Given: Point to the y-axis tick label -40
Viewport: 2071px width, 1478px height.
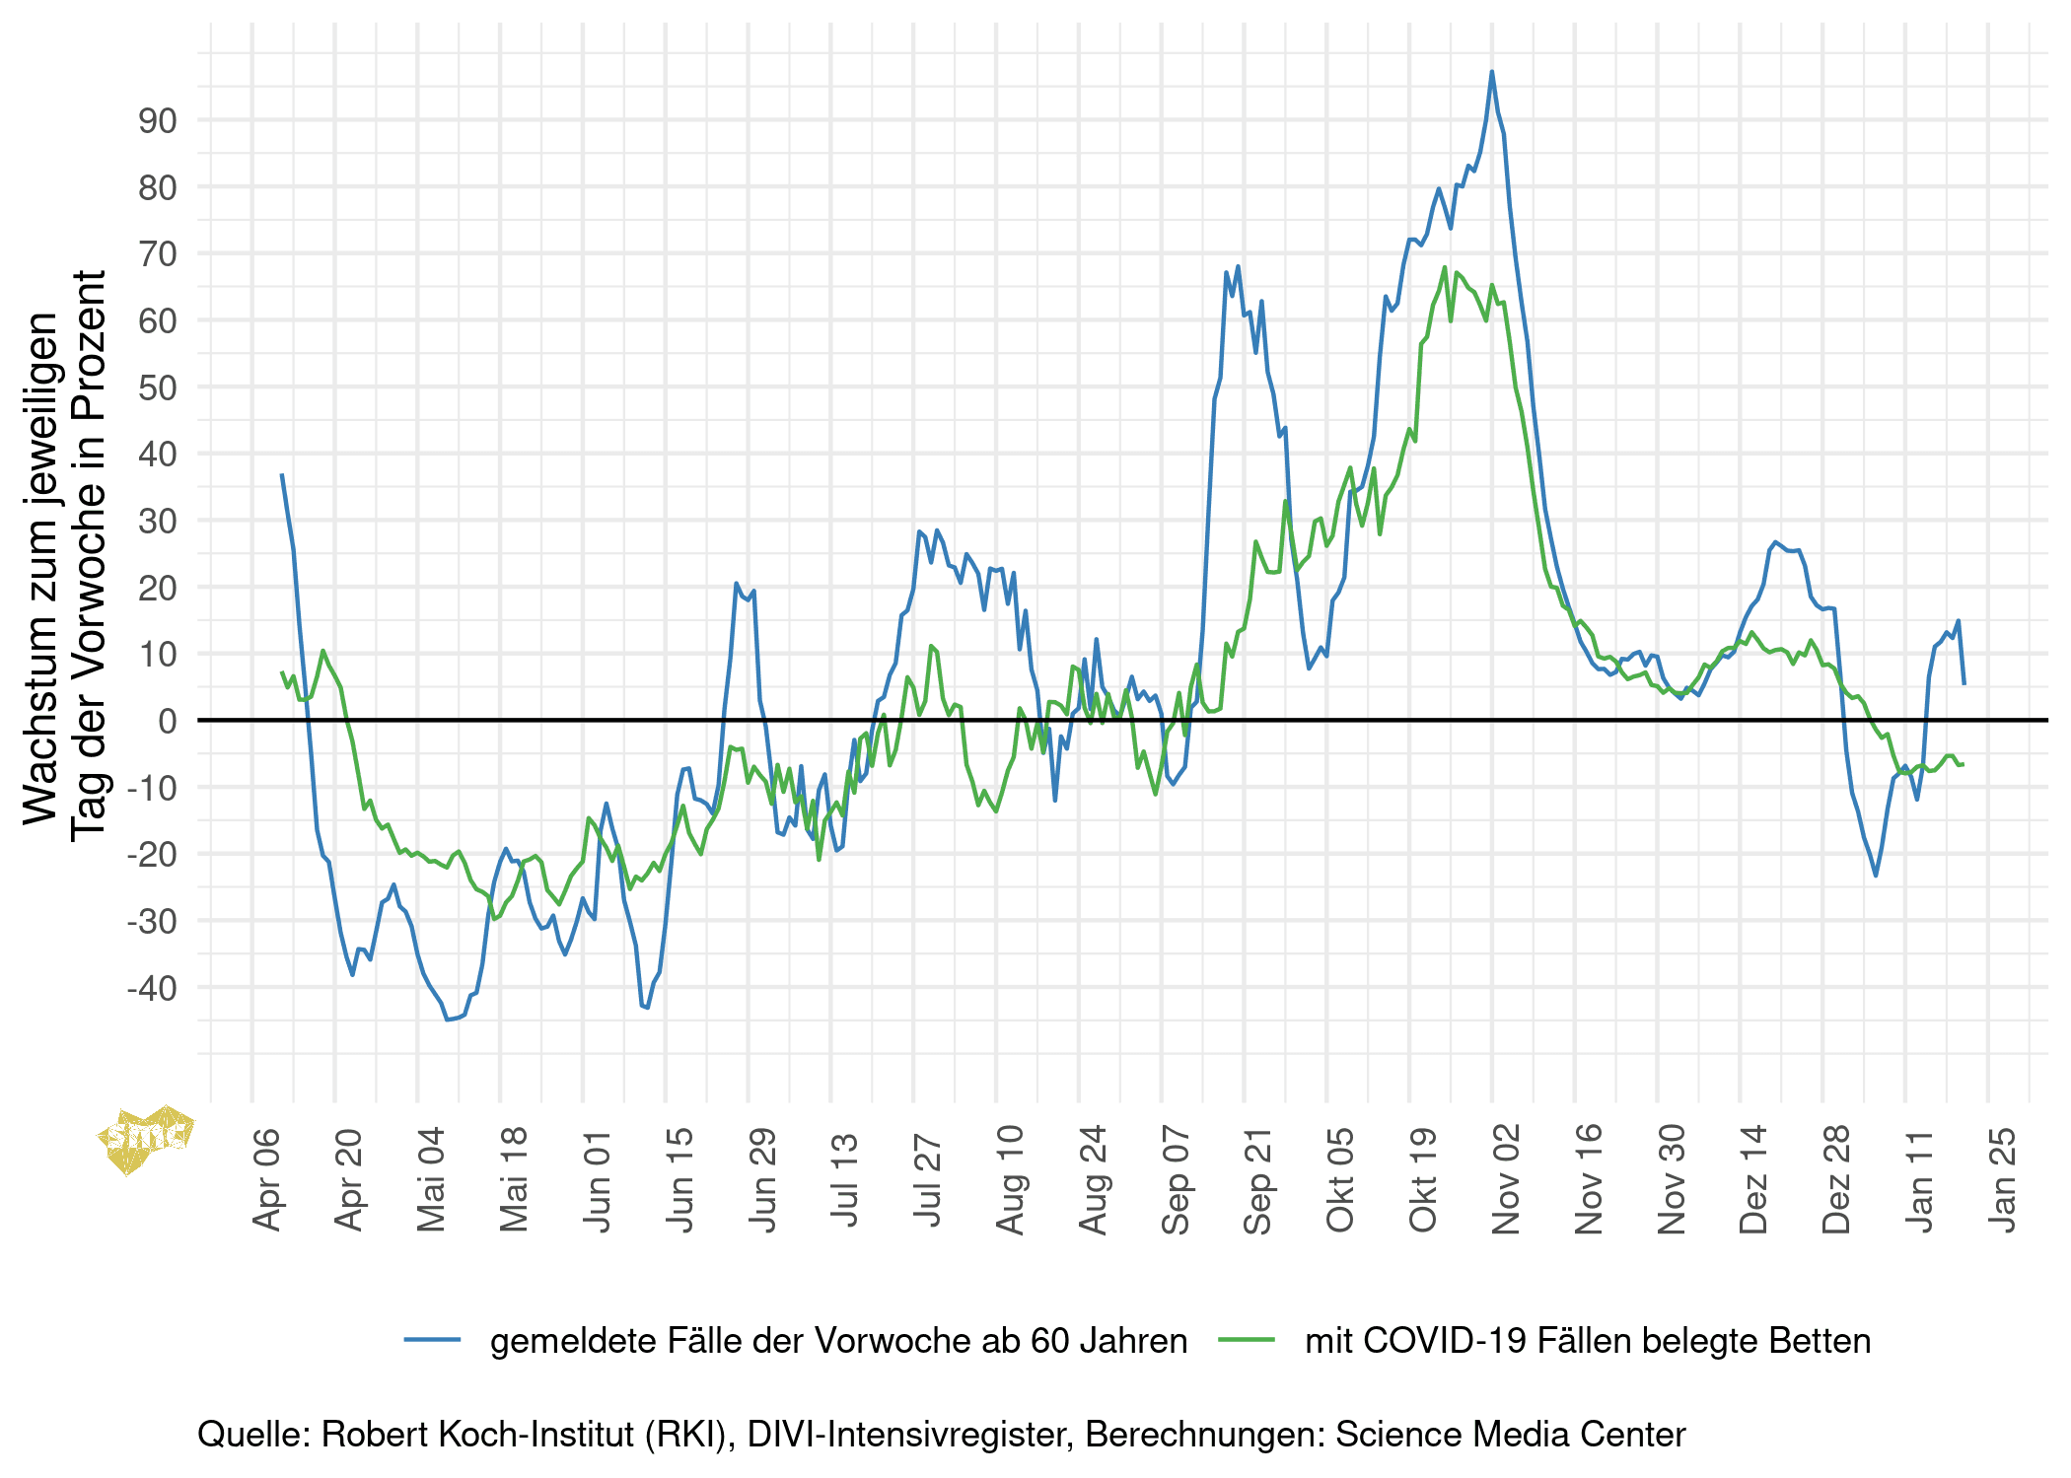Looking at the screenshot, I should pyautogui.click(x=152, y=988).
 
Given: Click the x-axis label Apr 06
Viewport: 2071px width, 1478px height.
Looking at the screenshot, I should pyautogui.click(x=267, y=1180).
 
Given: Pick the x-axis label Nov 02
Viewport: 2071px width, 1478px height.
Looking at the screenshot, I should pyautogui.click(x=1506, y=1180).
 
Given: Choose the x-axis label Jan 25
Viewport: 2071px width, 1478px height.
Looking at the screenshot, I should pyautogui.click(x=2002, y=1180).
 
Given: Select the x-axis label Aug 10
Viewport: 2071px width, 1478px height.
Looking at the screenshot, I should pyautogui.click(x=1011, y=1180).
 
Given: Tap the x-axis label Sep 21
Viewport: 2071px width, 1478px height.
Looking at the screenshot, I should pyautogui.click(x=1258, y=1180).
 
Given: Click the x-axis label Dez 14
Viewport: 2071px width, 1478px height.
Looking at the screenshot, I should pyautogui.click(x=1753, y=1180).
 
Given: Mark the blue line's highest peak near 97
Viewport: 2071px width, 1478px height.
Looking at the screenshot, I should pyautogui.click(x=1492, y=72).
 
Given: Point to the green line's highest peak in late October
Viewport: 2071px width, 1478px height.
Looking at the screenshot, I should pyautogui.click(x=1445, y=267).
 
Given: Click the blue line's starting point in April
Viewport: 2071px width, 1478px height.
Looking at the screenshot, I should pyautogui.click(x=282, y=475).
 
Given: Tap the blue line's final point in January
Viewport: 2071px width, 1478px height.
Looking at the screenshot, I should pyautogui.click(x=1964, y=683).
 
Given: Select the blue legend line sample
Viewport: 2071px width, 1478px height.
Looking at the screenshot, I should pyautogui.click(x=432, y=1339).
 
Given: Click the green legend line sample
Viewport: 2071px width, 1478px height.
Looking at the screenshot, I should pyautogui.click(x=1247, y=1339).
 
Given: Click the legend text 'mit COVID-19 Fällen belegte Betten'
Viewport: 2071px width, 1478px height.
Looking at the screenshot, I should pyautogui.click(x=1588, y=1341).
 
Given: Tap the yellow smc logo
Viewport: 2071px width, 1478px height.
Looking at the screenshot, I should pyautogui.click(x=146, y=1138).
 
